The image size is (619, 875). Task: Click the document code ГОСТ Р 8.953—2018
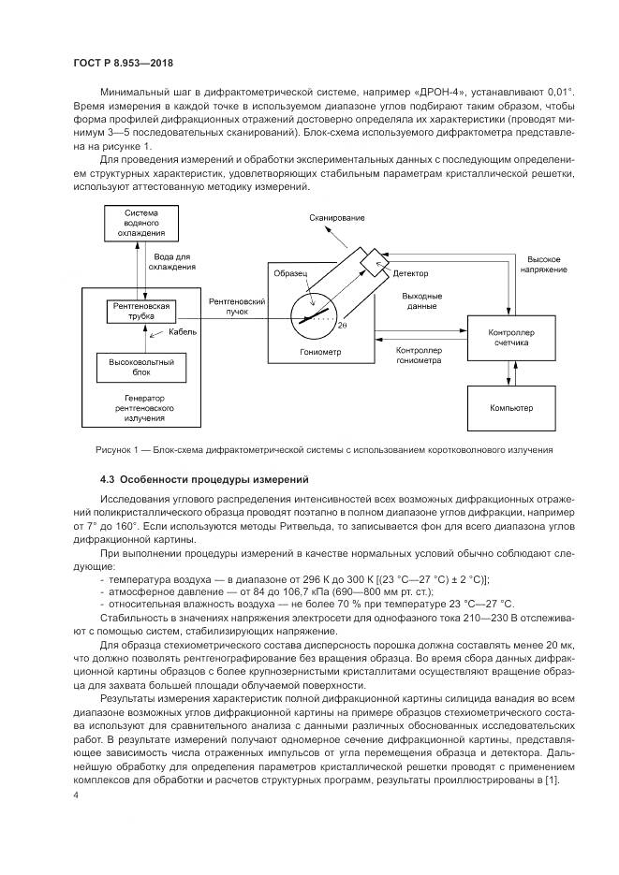click(124, 64)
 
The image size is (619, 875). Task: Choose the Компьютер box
click(510, 408)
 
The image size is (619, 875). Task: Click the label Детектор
click(410, 273)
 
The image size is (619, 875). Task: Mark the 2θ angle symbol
click(342, 326)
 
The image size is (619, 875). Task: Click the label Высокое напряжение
click(544, 263)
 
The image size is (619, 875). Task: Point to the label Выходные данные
click(422, 301)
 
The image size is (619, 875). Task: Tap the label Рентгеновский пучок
click(234, 306)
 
